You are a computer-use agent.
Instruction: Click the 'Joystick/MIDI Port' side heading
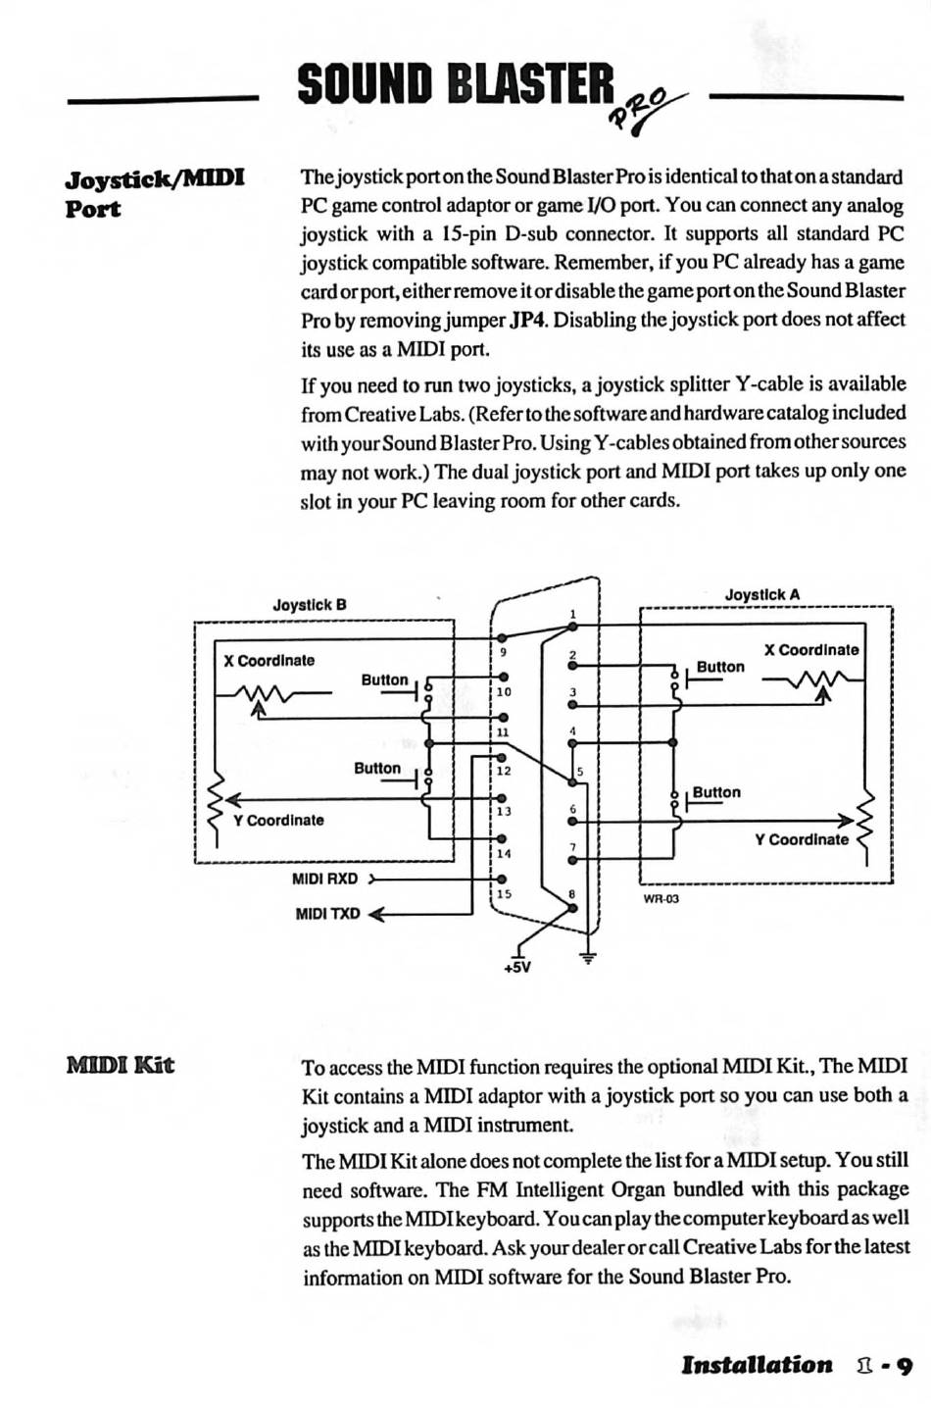click(154, 193)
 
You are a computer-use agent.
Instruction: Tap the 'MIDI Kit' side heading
click(121, 1065)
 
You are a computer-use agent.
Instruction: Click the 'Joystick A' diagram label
click(761, 594)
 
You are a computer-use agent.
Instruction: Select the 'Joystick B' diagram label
click(310, 605)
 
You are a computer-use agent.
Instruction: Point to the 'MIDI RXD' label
click(324, 879)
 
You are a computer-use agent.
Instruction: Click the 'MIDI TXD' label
click(327, 914)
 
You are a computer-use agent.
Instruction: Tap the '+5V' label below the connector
click(516, 967)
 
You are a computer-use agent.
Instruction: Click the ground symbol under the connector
click(588, 956)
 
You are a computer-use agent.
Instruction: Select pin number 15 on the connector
click(503, 893)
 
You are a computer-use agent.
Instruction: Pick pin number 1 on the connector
click(573, 615)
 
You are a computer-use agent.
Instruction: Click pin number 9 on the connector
click(503, 652)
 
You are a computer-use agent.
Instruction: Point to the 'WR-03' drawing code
click(661, 898)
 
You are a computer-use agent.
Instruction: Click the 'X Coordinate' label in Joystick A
click(810, 649)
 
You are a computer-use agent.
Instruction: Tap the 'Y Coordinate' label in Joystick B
click(278, 820)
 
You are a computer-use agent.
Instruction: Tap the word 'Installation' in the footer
click(757, 1365)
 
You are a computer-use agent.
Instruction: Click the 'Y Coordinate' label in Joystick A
click(802, 839)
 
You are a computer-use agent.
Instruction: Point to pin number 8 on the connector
click(572, 893)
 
